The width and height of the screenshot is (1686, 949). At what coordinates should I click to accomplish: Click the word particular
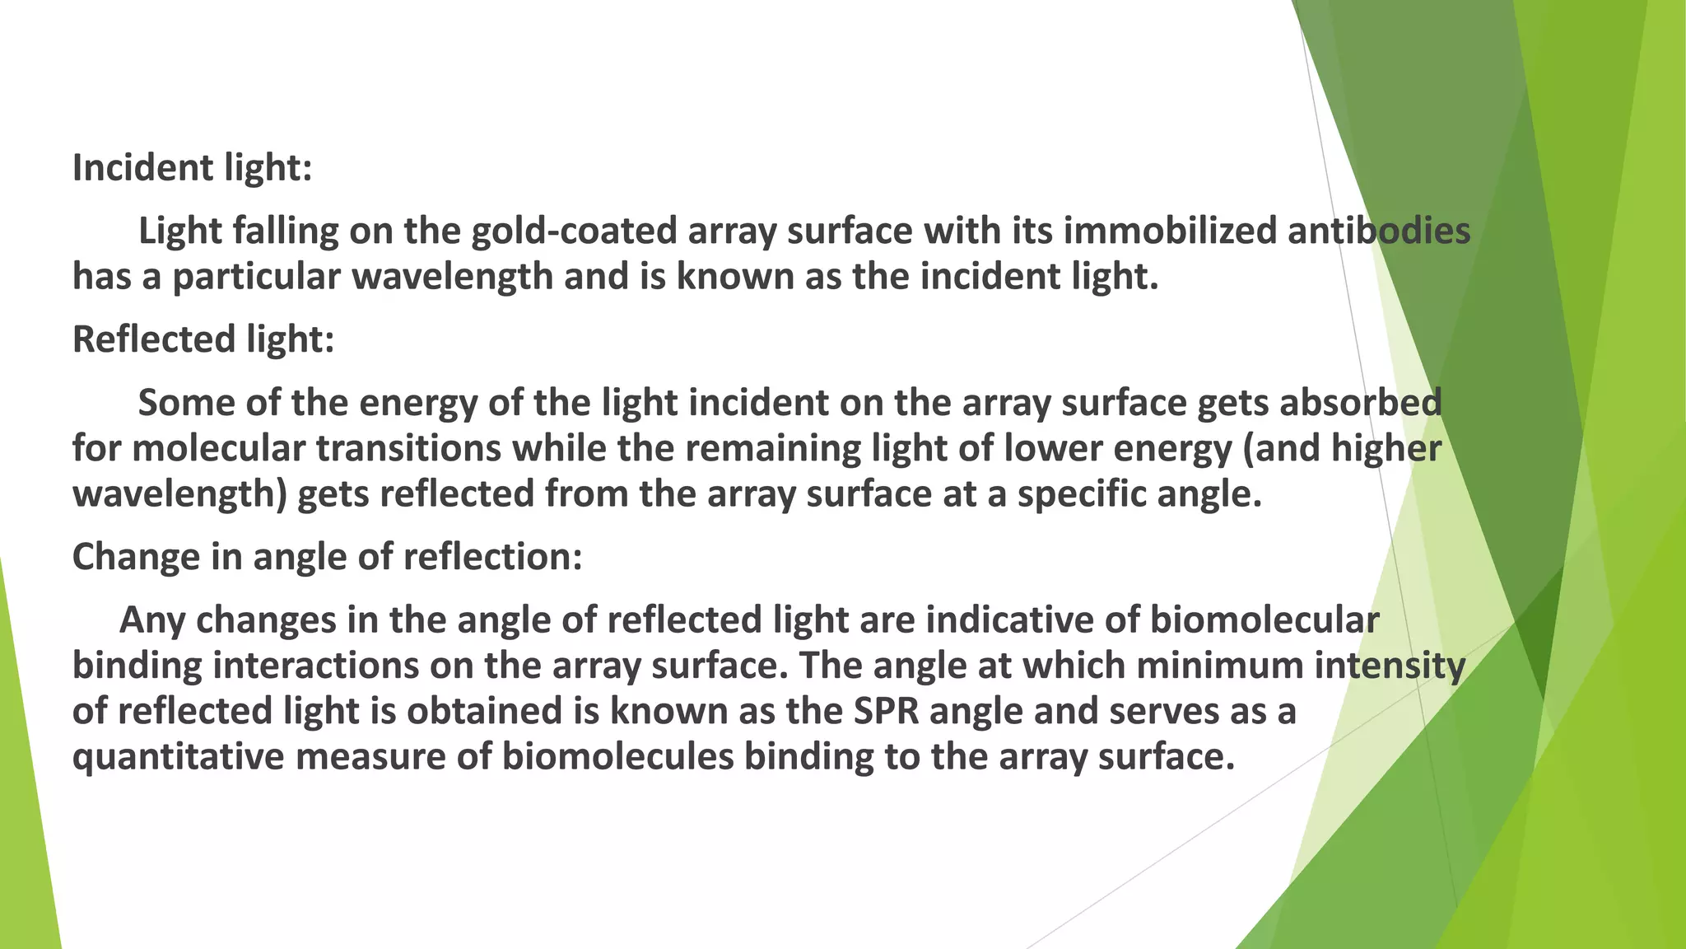[x=256, y=277]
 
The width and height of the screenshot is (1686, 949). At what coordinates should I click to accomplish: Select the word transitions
[x=409, y=449]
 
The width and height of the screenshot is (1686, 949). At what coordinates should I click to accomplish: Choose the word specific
[x=1082, y=494]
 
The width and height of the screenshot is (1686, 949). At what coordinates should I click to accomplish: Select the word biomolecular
[x=1264, y=620]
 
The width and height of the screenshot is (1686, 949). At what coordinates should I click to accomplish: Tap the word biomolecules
[x=617, y=757]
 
